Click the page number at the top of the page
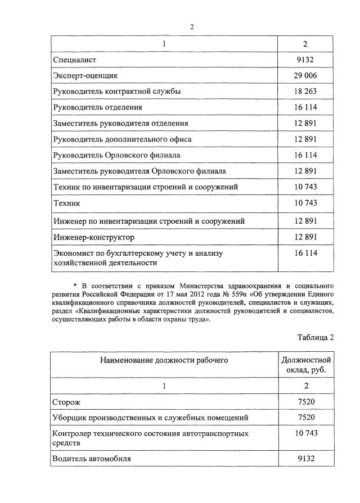pyautogui.click(x=192, y=27)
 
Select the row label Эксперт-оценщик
pyautogui.click(x=85, y=74)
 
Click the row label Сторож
pyautogui.click(x=67, y=402)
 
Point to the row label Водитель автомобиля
pyautogui.click(x=92, y=459)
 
